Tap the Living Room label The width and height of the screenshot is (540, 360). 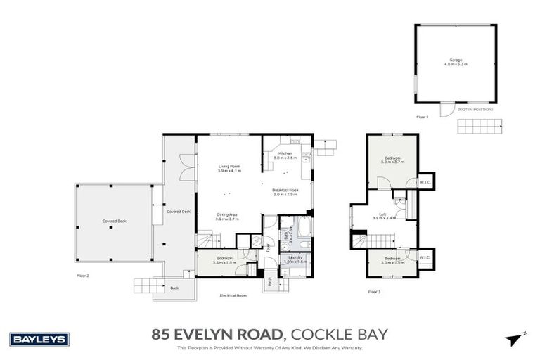click(x=229, y=167)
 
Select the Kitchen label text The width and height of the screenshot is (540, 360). click(x=285, y=155)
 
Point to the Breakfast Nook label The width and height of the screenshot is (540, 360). click(x=285, y=191)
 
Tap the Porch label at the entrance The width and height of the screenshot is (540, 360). click(x=269, y=282)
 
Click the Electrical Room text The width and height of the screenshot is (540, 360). click(x=233, y=296)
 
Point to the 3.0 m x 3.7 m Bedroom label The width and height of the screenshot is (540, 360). click(x=392, y=159)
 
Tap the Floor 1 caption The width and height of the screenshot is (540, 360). click(x=422, y=116)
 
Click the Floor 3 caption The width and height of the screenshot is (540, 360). click(x=374, y=290)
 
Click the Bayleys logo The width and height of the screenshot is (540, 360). click(x=39, y=340)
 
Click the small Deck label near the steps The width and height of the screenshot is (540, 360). click(x=174, y=288)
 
